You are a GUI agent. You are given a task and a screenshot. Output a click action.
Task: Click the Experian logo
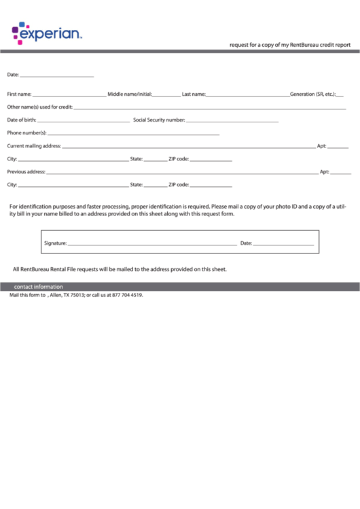(46, 33)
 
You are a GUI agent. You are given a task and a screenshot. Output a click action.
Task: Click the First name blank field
(69, 94)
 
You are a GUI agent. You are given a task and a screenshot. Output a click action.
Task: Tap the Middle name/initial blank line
(166, 94)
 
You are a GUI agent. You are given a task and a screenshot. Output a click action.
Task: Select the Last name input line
(247, 94)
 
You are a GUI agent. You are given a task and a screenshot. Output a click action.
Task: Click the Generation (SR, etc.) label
(312, 94)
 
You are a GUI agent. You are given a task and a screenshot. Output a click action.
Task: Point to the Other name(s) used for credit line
(209, 107)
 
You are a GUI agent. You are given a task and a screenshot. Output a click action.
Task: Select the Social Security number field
(232, 120)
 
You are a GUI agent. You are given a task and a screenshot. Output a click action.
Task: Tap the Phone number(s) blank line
(133, 133)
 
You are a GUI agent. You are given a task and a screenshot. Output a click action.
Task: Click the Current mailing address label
(34, 145)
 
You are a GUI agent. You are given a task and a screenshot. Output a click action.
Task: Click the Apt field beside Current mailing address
(338, 146)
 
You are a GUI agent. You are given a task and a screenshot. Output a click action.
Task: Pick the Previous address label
(26, 172)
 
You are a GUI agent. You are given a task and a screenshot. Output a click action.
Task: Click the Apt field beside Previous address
(341, 173)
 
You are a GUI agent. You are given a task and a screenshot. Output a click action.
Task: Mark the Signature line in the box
(152, 243)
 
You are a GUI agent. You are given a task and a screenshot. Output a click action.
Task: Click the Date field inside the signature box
(283, 243)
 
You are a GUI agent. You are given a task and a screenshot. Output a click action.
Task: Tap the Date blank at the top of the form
(57, 75)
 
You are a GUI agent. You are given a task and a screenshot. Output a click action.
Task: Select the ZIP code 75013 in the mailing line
(77, 296)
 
